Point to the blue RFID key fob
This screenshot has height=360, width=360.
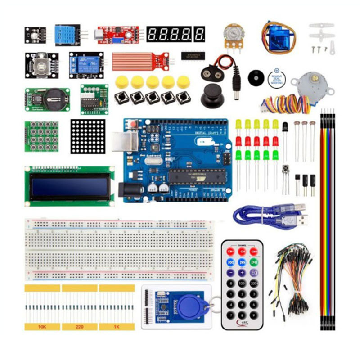[192, 307]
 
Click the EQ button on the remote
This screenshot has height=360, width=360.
[254, 273]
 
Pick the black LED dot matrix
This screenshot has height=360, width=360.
[88, 136]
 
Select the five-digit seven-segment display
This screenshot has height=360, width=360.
[175, 34]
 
